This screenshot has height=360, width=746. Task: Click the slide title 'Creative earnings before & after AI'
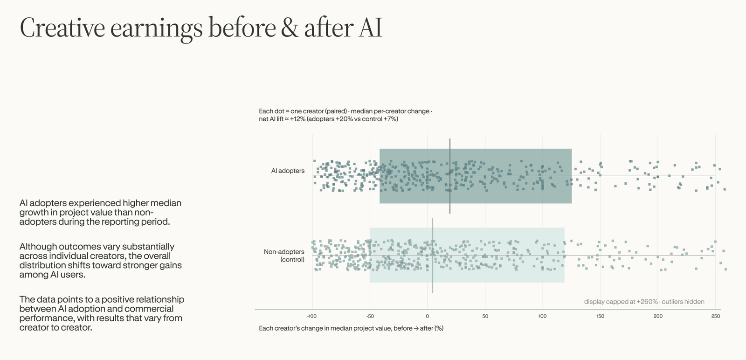click(x=201, y=28)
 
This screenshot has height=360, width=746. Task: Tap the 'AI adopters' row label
click(x=288, y=171)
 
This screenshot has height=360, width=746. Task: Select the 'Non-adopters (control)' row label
click(x=284, y=256)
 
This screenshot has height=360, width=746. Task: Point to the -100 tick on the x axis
click(x=312, y=316)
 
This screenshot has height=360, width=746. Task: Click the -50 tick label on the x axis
click(x=370, y=316)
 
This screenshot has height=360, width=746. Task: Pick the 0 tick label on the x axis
click(x=427, y=316)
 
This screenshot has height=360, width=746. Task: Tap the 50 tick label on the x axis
click(x=485, y=316)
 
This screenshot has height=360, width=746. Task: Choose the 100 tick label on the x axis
click(x=543, y=316)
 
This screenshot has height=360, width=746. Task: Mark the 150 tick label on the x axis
click(x=600, y=316)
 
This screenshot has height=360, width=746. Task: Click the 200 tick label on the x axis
click(x=658, y=316)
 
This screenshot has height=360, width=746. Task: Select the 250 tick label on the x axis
click(x=716, y=316)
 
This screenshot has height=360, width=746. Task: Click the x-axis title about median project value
click(x=351, y=328)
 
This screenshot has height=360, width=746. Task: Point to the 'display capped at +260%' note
click(x=644, y=302)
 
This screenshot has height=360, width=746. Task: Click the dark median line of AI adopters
click(x=450, y=176)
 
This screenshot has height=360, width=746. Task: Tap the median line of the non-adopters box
click(x=433, y=256)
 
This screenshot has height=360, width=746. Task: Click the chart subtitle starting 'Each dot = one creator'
click(x=345, y=115)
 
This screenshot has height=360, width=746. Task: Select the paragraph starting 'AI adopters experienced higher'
click(x=100, y=212)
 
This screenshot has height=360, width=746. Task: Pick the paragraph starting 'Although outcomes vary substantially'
click(x=101, y=260)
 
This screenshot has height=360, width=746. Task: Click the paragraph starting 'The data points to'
click(x=102, y=313)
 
